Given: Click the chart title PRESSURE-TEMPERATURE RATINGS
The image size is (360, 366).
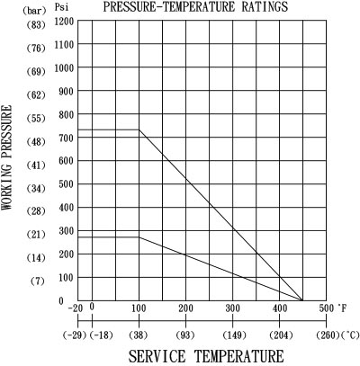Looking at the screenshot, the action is tap(195, 7).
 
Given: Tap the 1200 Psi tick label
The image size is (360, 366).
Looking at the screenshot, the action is tap(64, 22).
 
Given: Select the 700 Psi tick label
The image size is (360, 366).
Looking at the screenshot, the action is tap(66, 138).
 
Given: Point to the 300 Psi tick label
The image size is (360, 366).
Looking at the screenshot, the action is tap(66, 231).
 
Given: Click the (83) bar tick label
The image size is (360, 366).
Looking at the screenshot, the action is tap(36, 25).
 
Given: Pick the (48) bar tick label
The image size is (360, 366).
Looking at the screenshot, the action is tap(36, 141).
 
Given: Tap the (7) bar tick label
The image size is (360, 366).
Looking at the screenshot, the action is tap(37, 281).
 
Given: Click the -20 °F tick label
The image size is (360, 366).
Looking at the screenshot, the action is tap(76, 308).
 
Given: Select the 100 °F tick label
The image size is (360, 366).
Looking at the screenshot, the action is tap(139, 308).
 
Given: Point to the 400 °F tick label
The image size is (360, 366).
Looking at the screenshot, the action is tap(280, 308).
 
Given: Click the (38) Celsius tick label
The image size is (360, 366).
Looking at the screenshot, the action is tap(139, 335).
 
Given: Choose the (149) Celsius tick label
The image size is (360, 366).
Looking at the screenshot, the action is tap(234, 335).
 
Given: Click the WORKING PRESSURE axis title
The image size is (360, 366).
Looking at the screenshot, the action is tap(7, 157).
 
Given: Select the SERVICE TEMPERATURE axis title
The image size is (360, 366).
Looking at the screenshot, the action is tap(206, 356).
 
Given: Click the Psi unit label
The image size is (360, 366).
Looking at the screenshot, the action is tap(61, 7).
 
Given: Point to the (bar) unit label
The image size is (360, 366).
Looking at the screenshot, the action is tap(34, 11).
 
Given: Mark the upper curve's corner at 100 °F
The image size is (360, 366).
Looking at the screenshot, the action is tap(139, 129).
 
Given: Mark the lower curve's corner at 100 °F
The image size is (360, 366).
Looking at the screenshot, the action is tap(139, 237).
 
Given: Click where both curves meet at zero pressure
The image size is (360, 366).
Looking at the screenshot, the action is tap(302, 300).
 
